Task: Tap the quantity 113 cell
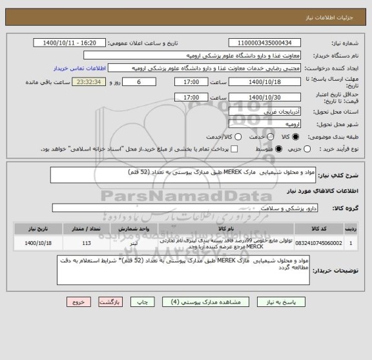tap(88, 243)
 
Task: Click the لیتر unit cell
tap(132, 243)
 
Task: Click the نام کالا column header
tap(223, 229)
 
